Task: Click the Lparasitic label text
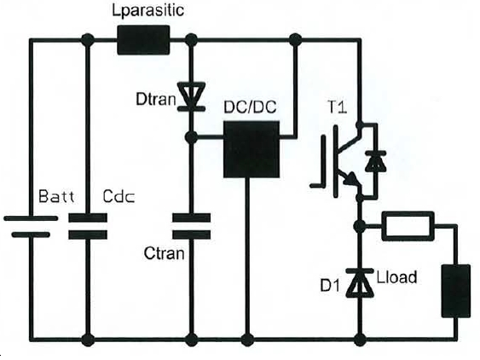point(147,10)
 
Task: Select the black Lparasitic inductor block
point(143,40)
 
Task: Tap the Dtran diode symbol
point(191,96)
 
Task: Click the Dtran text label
point(155,99)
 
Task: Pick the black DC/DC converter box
point(252,149)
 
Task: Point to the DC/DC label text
point(250,107)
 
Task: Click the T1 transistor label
point(338,107)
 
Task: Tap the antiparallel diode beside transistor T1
point(376,160)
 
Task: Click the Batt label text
point(56,196)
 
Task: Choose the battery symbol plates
point(31,227)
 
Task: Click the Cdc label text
point(119,196)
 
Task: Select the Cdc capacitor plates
point(88,226)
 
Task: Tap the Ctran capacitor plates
point(191,226)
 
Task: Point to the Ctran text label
point(164,253)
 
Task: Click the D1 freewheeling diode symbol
point(360,282)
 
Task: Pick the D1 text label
point(330,286)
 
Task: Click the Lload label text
point(396,277)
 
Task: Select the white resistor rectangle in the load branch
point(408,226)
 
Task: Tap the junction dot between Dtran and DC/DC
point(191,137)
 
